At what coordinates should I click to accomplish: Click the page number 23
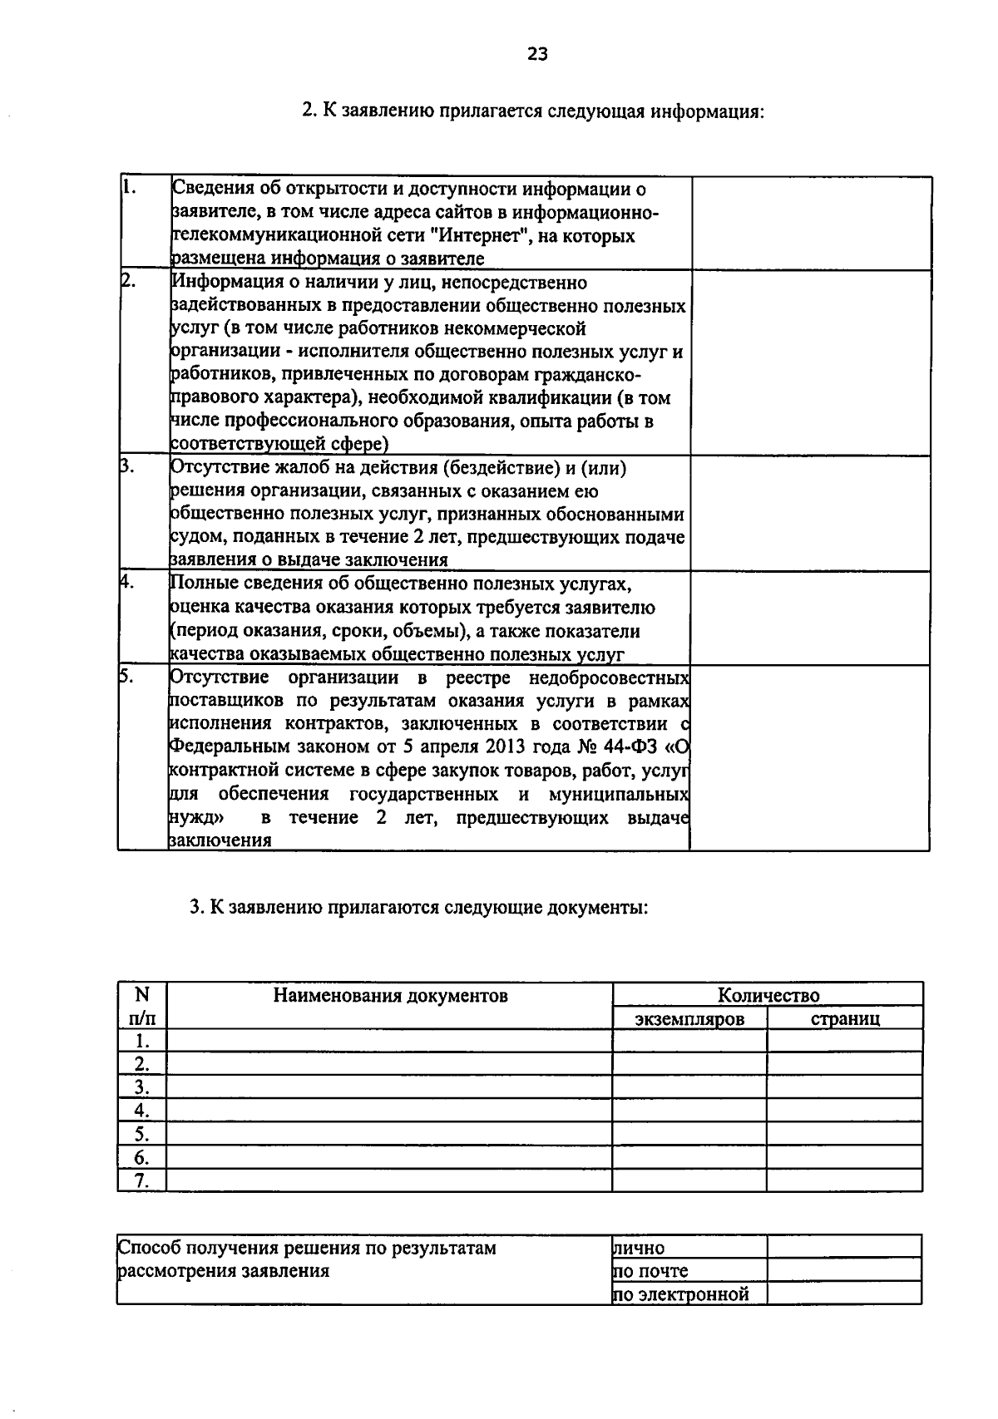point(537,55)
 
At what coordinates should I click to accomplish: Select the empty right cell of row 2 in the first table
point(810,362)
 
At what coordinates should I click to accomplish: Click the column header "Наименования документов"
point(390,995)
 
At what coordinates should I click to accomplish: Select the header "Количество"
point(768,995)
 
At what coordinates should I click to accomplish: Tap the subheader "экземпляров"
point(689,1018)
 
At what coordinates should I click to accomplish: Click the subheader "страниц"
point(845,1018)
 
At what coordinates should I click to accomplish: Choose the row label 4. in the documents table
point(142,1111)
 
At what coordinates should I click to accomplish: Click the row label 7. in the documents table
point(142,1180)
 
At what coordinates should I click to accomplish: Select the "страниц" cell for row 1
point(844,1041)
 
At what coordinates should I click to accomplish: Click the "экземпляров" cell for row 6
point(689,1157)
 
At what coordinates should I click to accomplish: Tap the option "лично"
point(639,1247)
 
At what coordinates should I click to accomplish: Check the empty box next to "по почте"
point(844,1269)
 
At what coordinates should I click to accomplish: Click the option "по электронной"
point(681,1293)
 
